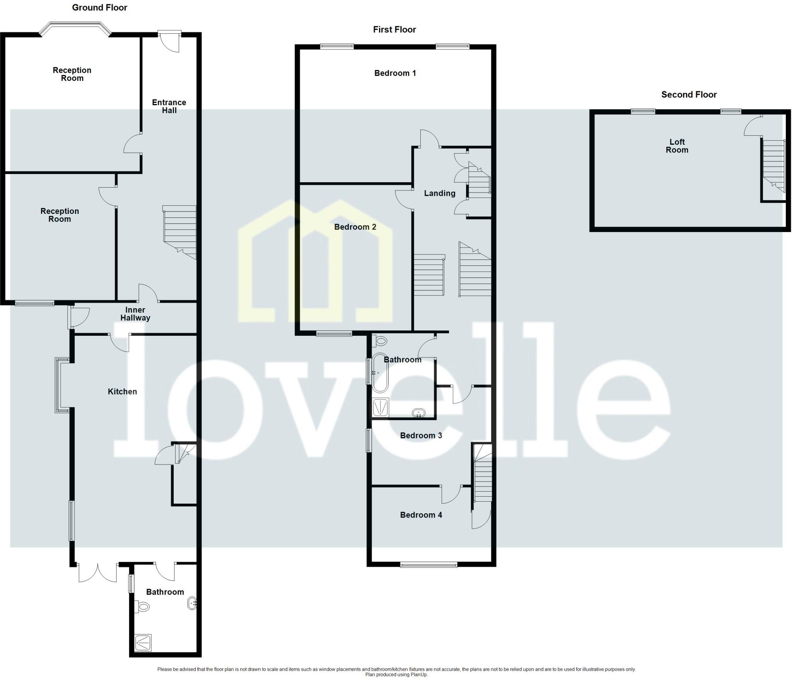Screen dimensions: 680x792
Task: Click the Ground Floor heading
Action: (99, 8)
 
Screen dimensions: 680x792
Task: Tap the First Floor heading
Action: (394, 30)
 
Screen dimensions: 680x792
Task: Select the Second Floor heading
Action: (689, 95)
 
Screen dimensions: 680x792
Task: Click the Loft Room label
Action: (677, 146)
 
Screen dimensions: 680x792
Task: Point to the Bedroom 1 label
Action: (395, 73)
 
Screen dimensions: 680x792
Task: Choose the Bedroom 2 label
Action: (355, 227)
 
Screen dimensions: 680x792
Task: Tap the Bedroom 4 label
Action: (421, 515)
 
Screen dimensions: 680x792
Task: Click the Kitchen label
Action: (122, 392)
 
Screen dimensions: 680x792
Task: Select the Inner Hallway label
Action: (135, 314)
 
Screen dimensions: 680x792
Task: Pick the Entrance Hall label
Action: (169, 106)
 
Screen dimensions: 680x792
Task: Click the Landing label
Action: (439, 193)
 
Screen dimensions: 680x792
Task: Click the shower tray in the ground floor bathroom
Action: (143, 642)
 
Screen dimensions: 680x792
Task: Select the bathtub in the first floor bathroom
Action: (379, 373)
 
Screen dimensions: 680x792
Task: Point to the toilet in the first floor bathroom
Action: (380, 341)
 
